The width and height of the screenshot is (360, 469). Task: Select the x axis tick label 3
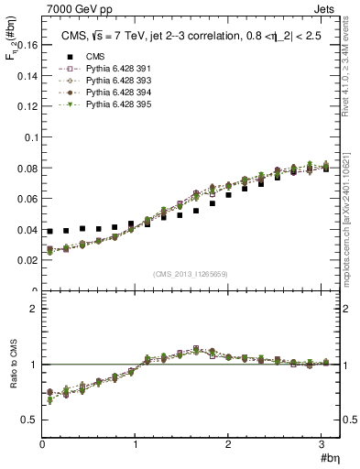pyautogui.click(x=323, y=443)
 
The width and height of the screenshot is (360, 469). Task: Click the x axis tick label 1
pyautogui.click(x=136, y=443)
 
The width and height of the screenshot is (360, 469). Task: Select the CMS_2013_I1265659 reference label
pyautogui.click(x=190, y=274)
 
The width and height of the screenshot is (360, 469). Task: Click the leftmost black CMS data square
pyautogui.click(x=50, y=232)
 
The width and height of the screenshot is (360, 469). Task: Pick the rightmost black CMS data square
pyautogui.click(x=326, y=169)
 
